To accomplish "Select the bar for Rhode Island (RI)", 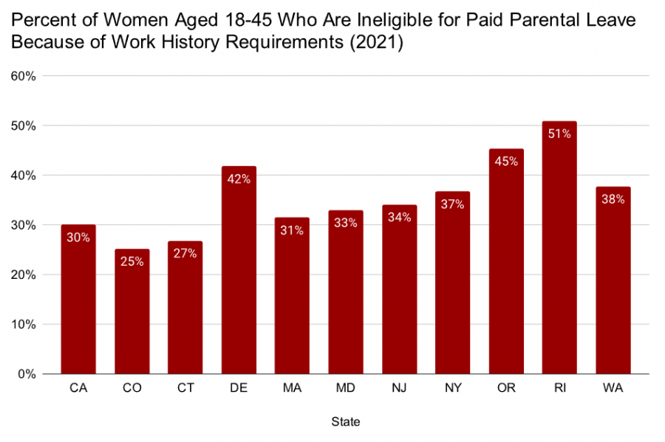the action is [x=559, y=248].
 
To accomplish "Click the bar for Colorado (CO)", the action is [x=132, y=311].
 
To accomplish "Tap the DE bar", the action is [x=239, y=270].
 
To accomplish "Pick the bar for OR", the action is [x=506, y=262].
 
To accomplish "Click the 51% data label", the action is [x=559, y=134].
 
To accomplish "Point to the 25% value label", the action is [x=132, y=262].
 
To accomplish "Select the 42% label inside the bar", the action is [x=239, y=179].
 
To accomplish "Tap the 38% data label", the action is [x=613, y=199].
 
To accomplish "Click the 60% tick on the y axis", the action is [x=24, y=77].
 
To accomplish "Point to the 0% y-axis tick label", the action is [x=27, y=374].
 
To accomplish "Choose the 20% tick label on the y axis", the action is [x=24, y=275].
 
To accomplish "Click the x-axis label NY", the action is [x=452, y=388].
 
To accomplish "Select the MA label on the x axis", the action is [x=292, y=388].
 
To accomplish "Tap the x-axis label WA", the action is [x=613, y=388].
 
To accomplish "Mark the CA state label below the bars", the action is [x=78, y=388].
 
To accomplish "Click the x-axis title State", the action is [x=346, y=422].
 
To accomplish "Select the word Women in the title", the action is [x=136, y=21].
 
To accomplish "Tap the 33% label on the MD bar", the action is [x=346, y=223].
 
